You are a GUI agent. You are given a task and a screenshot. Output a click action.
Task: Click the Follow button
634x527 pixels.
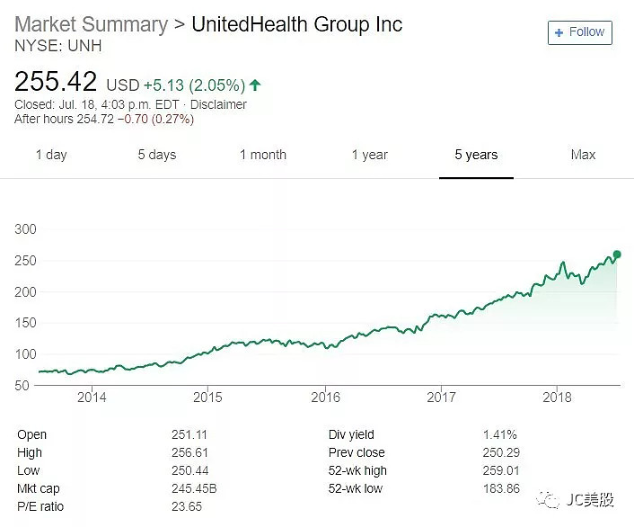(x=579, y=32)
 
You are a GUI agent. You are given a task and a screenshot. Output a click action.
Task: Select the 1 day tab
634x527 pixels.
(x=51, y=155)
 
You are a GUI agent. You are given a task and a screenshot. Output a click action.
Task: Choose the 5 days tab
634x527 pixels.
(x=157, y=155)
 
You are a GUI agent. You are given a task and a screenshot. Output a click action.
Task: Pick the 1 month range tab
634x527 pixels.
(x=262, y=155)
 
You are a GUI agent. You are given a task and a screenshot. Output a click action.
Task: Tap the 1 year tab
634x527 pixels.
(x=369, y=155)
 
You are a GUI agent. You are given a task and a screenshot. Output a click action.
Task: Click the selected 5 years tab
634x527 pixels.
(x=476, y=155)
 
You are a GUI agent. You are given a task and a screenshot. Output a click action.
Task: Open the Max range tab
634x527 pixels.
(x=583, y=155)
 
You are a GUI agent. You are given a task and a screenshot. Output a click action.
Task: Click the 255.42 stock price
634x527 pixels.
(x=56, y=82)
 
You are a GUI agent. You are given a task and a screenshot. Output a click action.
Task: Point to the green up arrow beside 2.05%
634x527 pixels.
(x=255, y=85)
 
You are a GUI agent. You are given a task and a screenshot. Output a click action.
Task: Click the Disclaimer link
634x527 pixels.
(x=217, y=104)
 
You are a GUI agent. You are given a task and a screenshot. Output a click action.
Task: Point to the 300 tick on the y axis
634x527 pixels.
(x=26, y=229)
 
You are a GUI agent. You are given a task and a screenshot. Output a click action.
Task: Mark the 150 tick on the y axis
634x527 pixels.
(x=26, y=323)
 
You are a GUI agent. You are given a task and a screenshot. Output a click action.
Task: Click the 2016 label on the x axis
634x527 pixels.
(x=325, y=397)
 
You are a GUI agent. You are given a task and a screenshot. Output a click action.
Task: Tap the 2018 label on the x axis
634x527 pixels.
(x=558, y=397)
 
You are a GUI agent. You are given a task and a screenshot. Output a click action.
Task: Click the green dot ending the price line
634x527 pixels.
(x=617, y=255)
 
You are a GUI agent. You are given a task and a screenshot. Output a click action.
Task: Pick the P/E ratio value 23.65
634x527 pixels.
(x=187, y=506)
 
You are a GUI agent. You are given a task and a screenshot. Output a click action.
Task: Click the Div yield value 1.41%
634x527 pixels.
(x=498, y=434)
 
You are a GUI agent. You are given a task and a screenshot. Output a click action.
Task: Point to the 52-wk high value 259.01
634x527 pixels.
(x=501, y=470)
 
